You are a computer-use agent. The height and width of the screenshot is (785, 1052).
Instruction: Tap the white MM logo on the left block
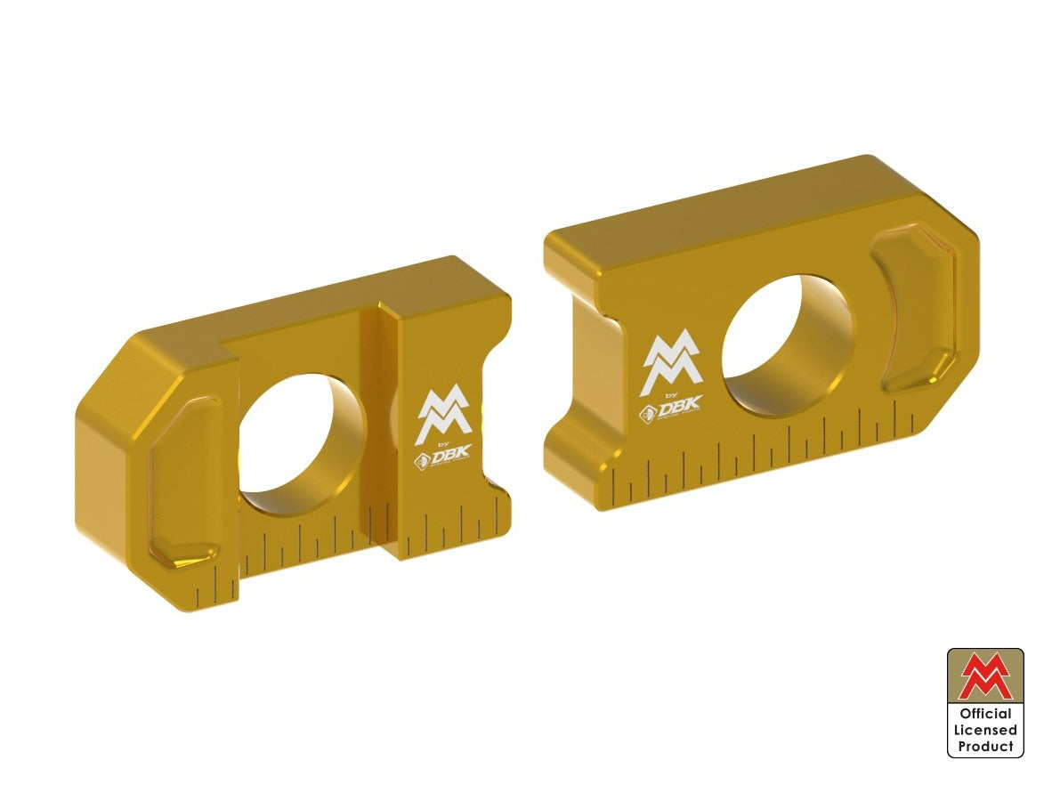point(443,417)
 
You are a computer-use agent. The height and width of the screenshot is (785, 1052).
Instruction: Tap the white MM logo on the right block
point(671,364)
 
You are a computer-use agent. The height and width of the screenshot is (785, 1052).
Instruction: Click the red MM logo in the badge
point(985,676)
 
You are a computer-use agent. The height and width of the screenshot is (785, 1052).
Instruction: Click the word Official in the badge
point(985,714)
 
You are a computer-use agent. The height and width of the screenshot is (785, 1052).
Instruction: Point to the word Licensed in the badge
point(985,730)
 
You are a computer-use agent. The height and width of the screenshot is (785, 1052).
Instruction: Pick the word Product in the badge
point(985,747)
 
